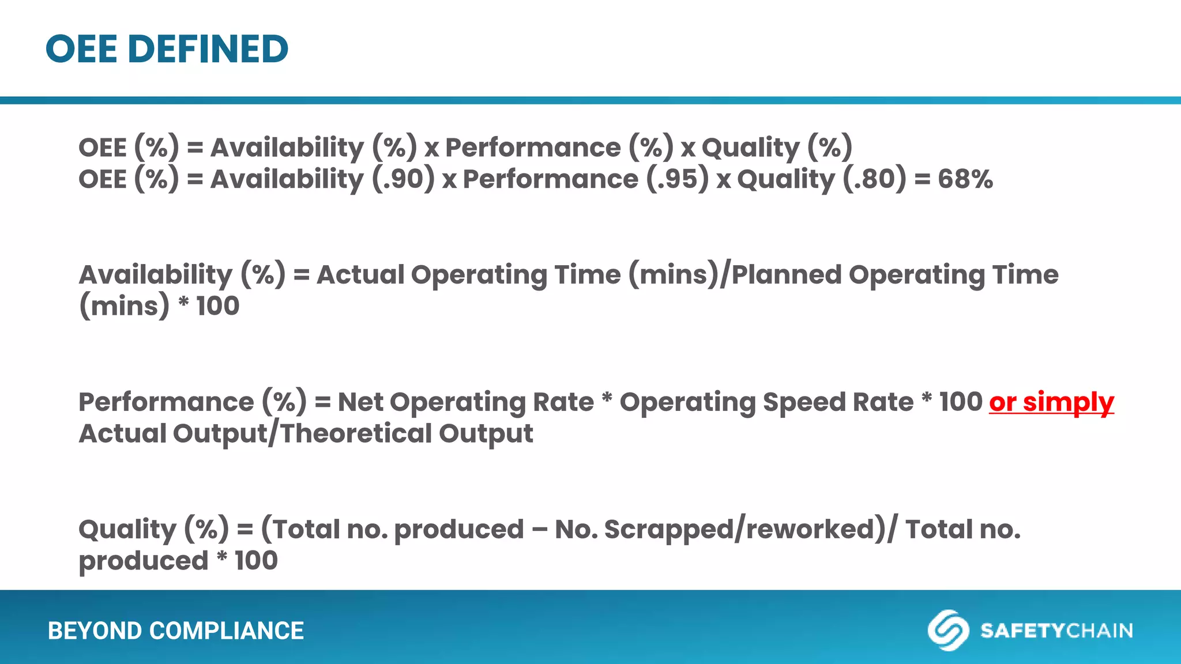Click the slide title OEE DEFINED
167,49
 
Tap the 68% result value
965,179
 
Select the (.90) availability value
403,179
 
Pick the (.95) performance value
677,179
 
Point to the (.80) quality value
874,179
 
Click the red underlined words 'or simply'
1051,402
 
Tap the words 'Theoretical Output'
406,433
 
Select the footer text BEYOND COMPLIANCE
175,631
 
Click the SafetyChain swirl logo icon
947,630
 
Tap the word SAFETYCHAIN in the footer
1056,631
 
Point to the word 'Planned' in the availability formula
787,274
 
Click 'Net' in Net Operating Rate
360,402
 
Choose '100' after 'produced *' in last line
256,561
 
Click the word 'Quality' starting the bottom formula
127,529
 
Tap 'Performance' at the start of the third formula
166,402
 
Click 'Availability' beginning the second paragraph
155,274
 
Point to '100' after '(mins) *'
217,306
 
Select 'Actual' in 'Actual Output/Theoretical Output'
122,433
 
